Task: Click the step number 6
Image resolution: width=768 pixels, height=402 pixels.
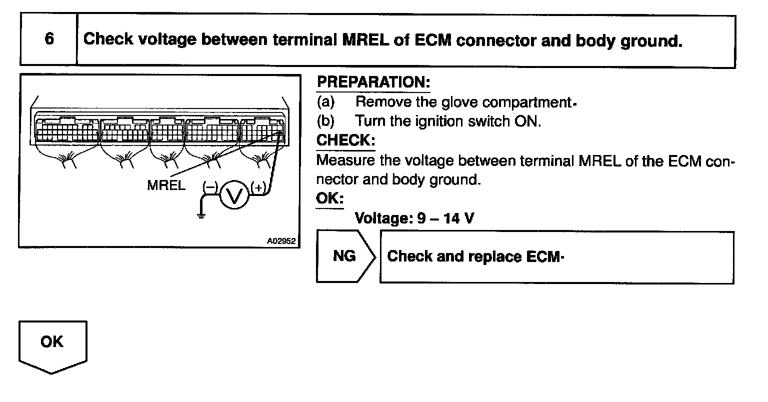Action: coord(49,39)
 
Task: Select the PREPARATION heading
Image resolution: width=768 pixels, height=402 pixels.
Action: coord(373,82)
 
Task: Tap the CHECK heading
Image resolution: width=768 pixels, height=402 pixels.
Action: coord(345,140)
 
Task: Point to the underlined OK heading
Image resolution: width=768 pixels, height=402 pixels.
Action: coord(330,198)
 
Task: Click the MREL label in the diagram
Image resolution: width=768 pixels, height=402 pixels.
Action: coord(166,185)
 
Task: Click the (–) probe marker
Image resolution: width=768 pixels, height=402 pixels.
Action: coord(209,188)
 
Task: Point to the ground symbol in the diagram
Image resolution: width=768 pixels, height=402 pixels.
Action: coord(200,215)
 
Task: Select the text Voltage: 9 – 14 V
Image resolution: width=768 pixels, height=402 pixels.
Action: coord(414,218)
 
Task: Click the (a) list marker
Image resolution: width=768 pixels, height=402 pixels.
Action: coord(325,102)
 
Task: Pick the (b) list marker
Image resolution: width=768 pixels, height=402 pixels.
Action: coord(325,121)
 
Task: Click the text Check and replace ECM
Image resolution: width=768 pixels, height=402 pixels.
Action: coord(472,257)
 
